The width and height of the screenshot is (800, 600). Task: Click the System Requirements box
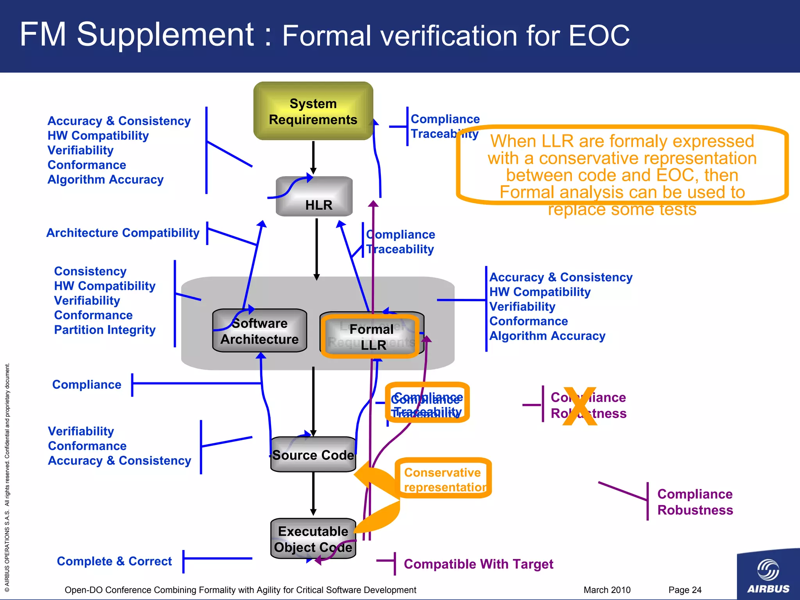(313, 111)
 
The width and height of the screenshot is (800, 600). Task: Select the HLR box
(315, 196)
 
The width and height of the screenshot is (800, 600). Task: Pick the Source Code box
(313, 455)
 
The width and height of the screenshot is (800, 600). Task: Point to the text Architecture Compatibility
(123, 233)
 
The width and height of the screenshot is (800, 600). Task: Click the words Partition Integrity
(105, 330)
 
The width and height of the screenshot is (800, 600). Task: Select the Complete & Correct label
(114, 561)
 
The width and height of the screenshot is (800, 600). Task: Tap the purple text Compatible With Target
(478, 564)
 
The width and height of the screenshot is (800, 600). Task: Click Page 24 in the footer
(684, 590)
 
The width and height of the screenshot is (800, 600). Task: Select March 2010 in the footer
(607, 590)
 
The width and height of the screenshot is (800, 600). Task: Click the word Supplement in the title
(165, 35)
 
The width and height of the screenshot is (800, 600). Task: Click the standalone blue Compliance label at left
(87, 385)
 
